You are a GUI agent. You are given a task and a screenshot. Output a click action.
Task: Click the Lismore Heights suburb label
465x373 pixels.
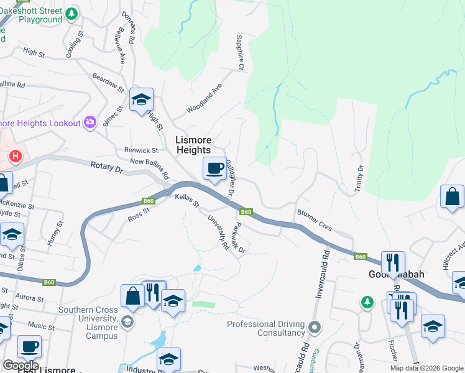click(193, 145)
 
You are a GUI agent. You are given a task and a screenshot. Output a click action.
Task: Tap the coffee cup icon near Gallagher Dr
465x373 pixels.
click(215, 168)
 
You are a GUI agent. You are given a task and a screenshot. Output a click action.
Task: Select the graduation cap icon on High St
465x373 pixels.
click(141, 99)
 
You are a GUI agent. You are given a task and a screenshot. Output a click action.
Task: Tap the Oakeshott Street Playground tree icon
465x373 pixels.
click(72, 12)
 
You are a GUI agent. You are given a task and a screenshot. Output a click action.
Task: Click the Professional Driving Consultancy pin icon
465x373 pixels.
click(315, 326)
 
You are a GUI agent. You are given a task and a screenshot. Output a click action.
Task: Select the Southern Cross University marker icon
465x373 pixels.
click(127, 321)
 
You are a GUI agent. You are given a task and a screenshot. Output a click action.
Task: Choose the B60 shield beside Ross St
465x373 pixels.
click(148, 200)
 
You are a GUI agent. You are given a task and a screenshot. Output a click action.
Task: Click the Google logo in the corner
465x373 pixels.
click(21, 366)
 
